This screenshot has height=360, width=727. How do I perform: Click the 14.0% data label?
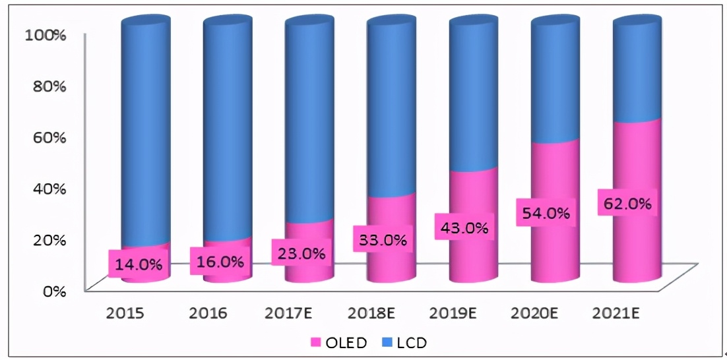[x=139, y=265]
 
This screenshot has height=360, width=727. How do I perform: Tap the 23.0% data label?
[x=302, y=253]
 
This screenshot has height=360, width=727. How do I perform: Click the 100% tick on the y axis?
[x=45, y=35]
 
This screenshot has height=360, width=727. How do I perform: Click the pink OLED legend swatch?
[x=315, y=342]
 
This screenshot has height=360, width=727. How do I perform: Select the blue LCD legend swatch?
[x=386, y=342]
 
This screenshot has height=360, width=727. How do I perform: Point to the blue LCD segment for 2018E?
[x=392, y=112]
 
